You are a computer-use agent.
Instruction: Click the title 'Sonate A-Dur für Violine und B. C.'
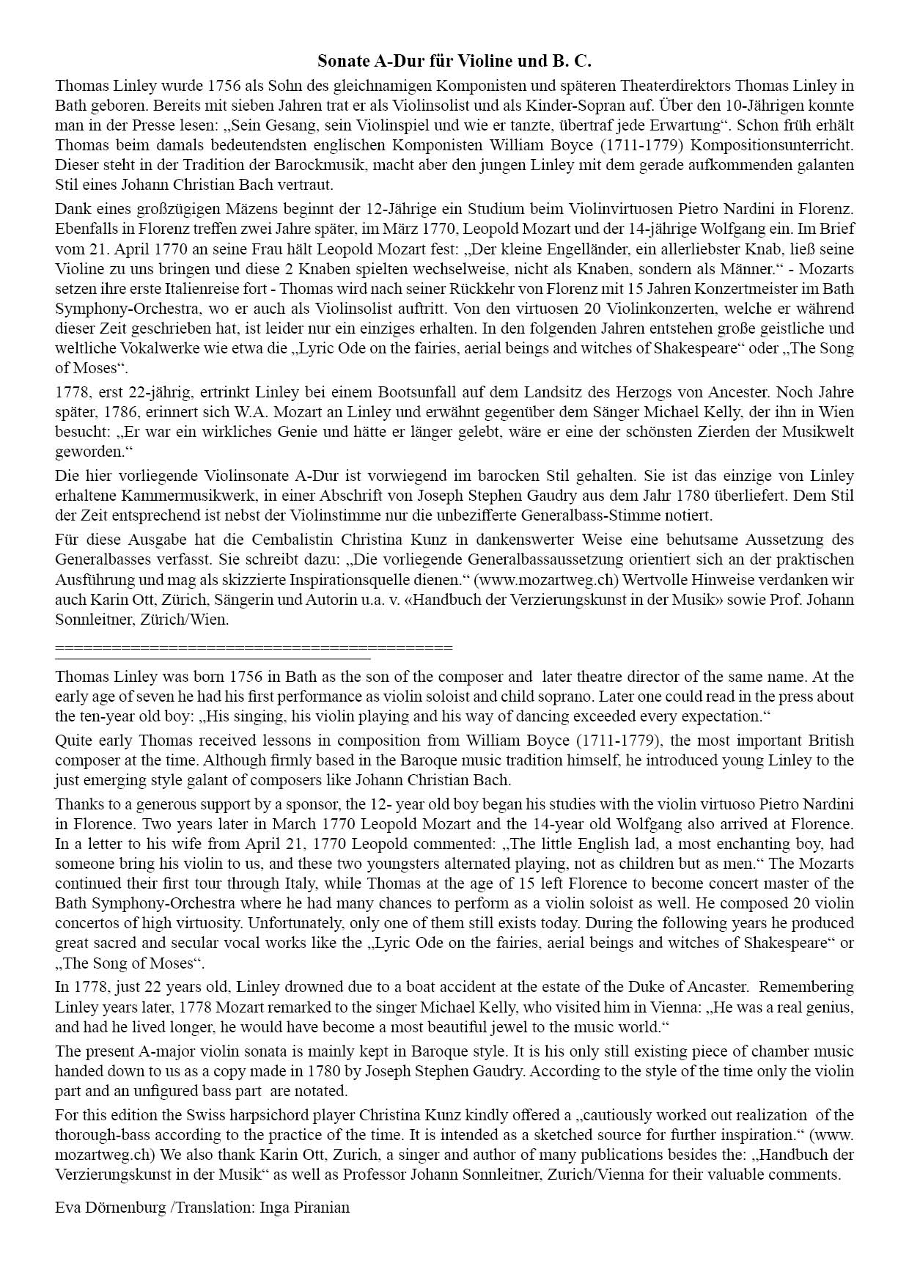[454, 60]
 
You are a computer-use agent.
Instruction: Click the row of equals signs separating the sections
[254, 647]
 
